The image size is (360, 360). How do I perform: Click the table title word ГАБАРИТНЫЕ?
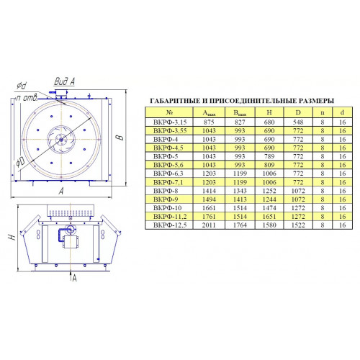pyautogui.click(x=175, y=101)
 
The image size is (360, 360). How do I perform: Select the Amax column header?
pyautogui.click(x=209, y=113)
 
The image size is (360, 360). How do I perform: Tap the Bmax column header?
pyautogui.click(x=240, y=113)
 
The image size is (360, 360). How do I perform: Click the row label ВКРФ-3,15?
pyautogui.click(x=170, y=122)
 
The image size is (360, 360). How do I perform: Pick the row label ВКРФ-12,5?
pyautogui.click(x=170, y=225)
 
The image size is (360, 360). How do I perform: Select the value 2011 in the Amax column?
pyautogui.click(x=209, y=225)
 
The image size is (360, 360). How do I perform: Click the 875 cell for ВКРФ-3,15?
pyautogui.click(x=209, y=122)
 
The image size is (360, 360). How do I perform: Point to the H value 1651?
pyautogui.click(x=269, y=217)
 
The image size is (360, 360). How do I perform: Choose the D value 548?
pyautogui.click(x=298, y=122)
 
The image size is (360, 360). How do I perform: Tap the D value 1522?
pyautogui.click(x=298, y=225)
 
